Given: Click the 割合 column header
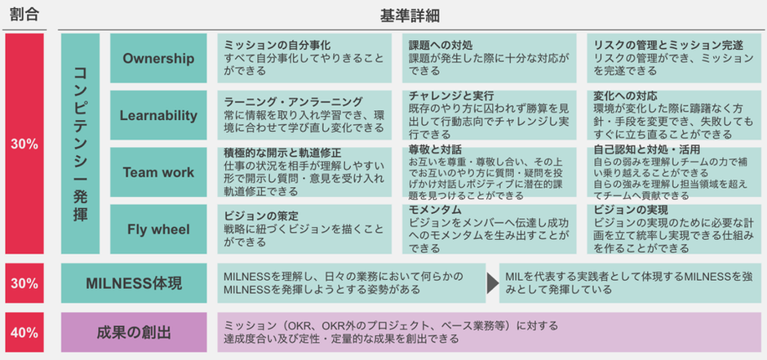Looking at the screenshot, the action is pos(24,15).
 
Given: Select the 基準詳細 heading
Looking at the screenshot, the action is pos(410,16).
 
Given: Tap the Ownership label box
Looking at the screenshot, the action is pos(158,58).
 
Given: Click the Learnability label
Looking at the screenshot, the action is pos(158,115).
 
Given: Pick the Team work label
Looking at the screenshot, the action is pos(158,172).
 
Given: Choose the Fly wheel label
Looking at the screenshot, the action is pos(158,229).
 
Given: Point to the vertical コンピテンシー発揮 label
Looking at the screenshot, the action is pos(80,144).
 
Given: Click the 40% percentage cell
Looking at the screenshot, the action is pos(24,332).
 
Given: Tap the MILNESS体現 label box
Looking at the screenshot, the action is pos(134,283).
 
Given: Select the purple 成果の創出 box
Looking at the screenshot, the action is pos(134,332).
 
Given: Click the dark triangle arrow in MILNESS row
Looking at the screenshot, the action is pos(493,283).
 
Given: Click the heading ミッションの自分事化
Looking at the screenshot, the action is pos(277,46).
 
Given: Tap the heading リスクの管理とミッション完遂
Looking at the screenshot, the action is pos(669,46).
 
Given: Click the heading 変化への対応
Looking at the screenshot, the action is pos(625,95).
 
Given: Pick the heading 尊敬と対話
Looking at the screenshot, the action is pos(435,149).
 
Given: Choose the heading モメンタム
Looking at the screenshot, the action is pos(435,210).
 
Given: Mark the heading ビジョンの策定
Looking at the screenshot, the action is pos(261,216).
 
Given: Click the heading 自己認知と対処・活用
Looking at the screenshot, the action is pos(647,149).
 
